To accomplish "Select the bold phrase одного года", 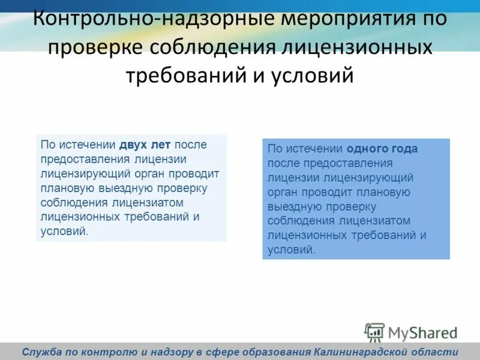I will pos(382,149).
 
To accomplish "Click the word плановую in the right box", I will pos(382,192).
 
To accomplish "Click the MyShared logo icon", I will pos(374,332).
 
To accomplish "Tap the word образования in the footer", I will pos(273,352).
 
